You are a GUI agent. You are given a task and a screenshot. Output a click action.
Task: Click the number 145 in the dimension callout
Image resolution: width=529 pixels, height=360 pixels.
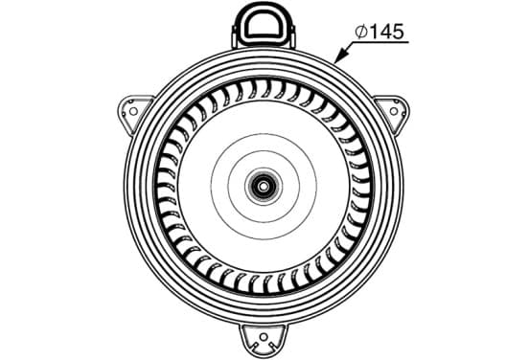click(386, 32)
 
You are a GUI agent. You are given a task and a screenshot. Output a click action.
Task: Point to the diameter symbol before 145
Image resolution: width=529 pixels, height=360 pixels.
click(361, 32)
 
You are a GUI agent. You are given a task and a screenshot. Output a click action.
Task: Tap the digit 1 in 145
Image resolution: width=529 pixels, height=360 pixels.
click(373, 32)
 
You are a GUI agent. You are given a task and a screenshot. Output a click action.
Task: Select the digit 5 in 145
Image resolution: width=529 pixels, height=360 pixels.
click(398, 32)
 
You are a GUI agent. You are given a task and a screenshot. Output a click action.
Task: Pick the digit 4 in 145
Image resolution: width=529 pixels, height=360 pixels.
click(385, 32)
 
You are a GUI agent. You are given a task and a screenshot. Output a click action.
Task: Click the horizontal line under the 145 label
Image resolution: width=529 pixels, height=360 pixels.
click(380, 42)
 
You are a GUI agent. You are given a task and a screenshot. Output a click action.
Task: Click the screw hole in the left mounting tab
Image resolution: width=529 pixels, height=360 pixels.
click(133, 111)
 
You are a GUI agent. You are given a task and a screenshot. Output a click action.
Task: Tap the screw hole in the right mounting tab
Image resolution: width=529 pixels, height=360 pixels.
click(394, 111)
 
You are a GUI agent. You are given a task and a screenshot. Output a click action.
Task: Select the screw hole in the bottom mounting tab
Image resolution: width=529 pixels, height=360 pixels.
click(264, 340)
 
